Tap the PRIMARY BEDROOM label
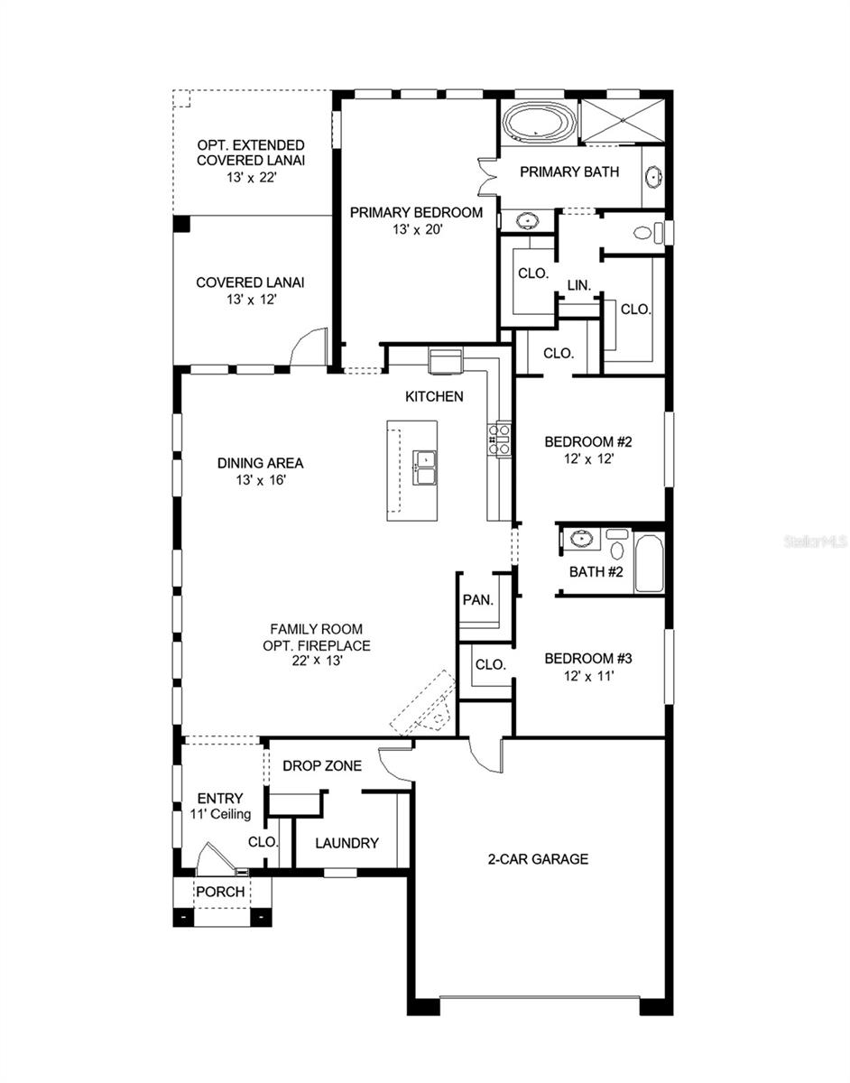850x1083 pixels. pos(416,213)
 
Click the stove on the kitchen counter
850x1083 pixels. pos(501,439)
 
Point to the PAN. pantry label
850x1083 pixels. pos(476,599)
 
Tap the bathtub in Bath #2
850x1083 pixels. pos(649,563)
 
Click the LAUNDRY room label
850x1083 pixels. pos(346,843)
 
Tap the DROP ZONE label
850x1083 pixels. pos(322,766)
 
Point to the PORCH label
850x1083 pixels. pos(221,892)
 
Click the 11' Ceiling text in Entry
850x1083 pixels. pos(219,814)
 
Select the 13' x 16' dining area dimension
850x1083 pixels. pos(260,480)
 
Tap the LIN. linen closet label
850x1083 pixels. pos(578,285)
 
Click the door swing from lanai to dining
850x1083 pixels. pos(310,348)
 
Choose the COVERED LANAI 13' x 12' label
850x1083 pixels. pos(250,290)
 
